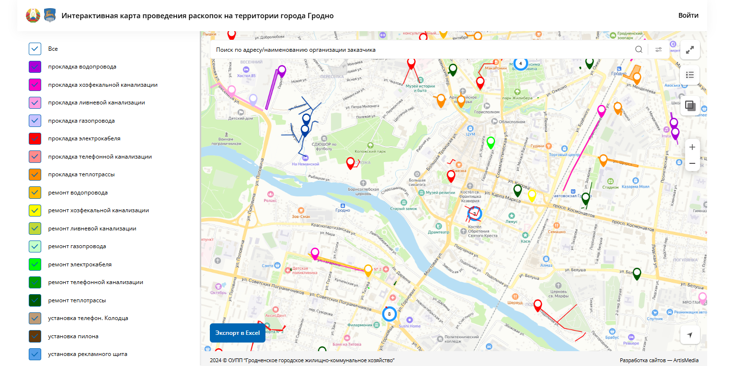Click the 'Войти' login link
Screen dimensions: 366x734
coord(688,15)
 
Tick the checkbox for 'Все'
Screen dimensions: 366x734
coord(35,49)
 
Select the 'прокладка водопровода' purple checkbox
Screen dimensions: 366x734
coord(35,67)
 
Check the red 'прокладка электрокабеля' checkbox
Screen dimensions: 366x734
coord(35,139)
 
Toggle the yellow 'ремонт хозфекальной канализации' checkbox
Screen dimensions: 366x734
coord(35,211)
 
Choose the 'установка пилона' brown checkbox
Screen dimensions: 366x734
coord(35,336)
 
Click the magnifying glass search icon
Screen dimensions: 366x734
coord(639,49)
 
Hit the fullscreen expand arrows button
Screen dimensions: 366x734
coord(690,50)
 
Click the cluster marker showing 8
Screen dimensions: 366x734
coord(389,314)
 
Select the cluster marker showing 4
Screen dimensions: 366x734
coord(520,63)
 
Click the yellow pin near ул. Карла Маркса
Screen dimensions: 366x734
coord(531,195)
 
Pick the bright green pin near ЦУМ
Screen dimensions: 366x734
coord(491,142)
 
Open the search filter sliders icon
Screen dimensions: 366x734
coord(659,49)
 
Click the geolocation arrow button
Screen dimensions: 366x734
coord(690,335)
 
